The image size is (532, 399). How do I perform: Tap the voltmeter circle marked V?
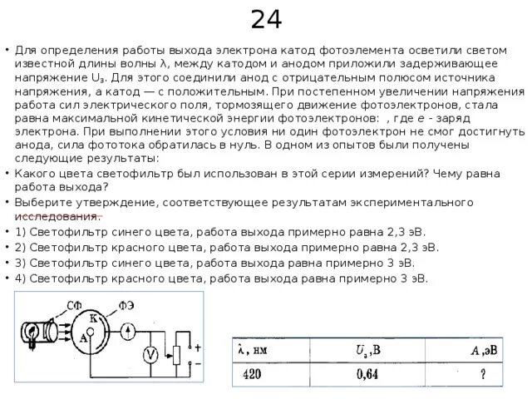tap(151, 355)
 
